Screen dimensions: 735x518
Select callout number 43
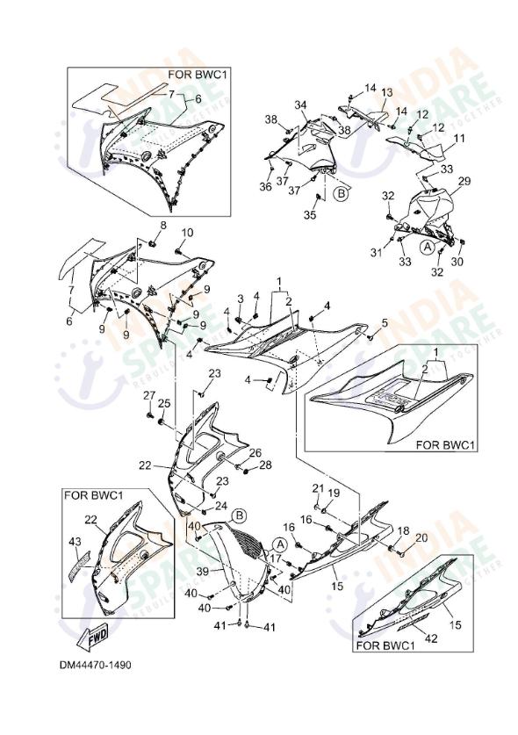76,542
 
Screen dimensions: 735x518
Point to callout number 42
429,616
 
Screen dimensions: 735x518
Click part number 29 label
464,181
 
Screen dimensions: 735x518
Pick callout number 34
300,104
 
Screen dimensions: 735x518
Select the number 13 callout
385,92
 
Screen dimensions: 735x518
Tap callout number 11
459,140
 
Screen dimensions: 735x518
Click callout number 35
310,214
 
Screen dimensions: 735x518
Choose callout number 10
187,233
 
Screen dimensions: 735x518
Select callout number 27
149,395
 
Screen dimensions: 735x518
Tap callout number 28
264,465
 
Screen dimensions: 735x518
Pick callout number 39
201,572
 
